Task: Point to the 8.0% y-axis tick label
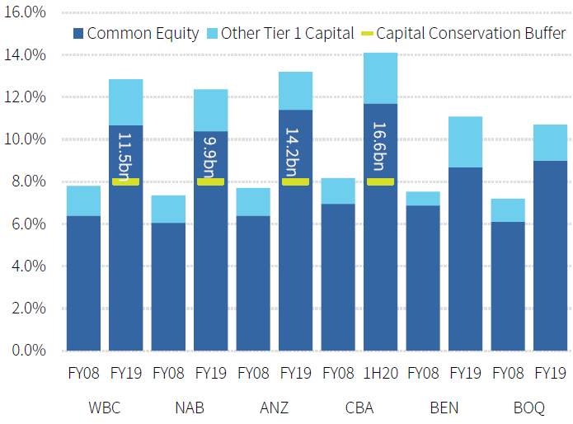pyautogui.click(x=30, y=181)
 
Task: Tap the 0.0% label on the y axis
pyautogui.click(x=30, y=350)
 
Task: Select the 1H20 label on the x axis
pyautogui.click(x=380, y=373)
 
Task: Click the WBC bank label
pyautogui.click(x=104, y=408)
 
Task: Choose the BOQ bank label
pyautogui.click(x=528, y=408)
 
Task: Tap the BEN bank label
pyautogui.click(x=444, y=408)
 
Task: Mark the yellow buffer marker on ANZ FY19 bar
pyautogui.click(x=295, y=181)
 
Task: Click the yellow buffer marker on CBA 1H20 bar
pyautogui.click(x=380, y=181)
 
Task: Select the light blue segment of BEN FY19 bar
pyautogui.click(x=465, y=142)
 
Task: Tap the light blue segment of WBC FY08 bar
pyautogui.click(x=83, y=200)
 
